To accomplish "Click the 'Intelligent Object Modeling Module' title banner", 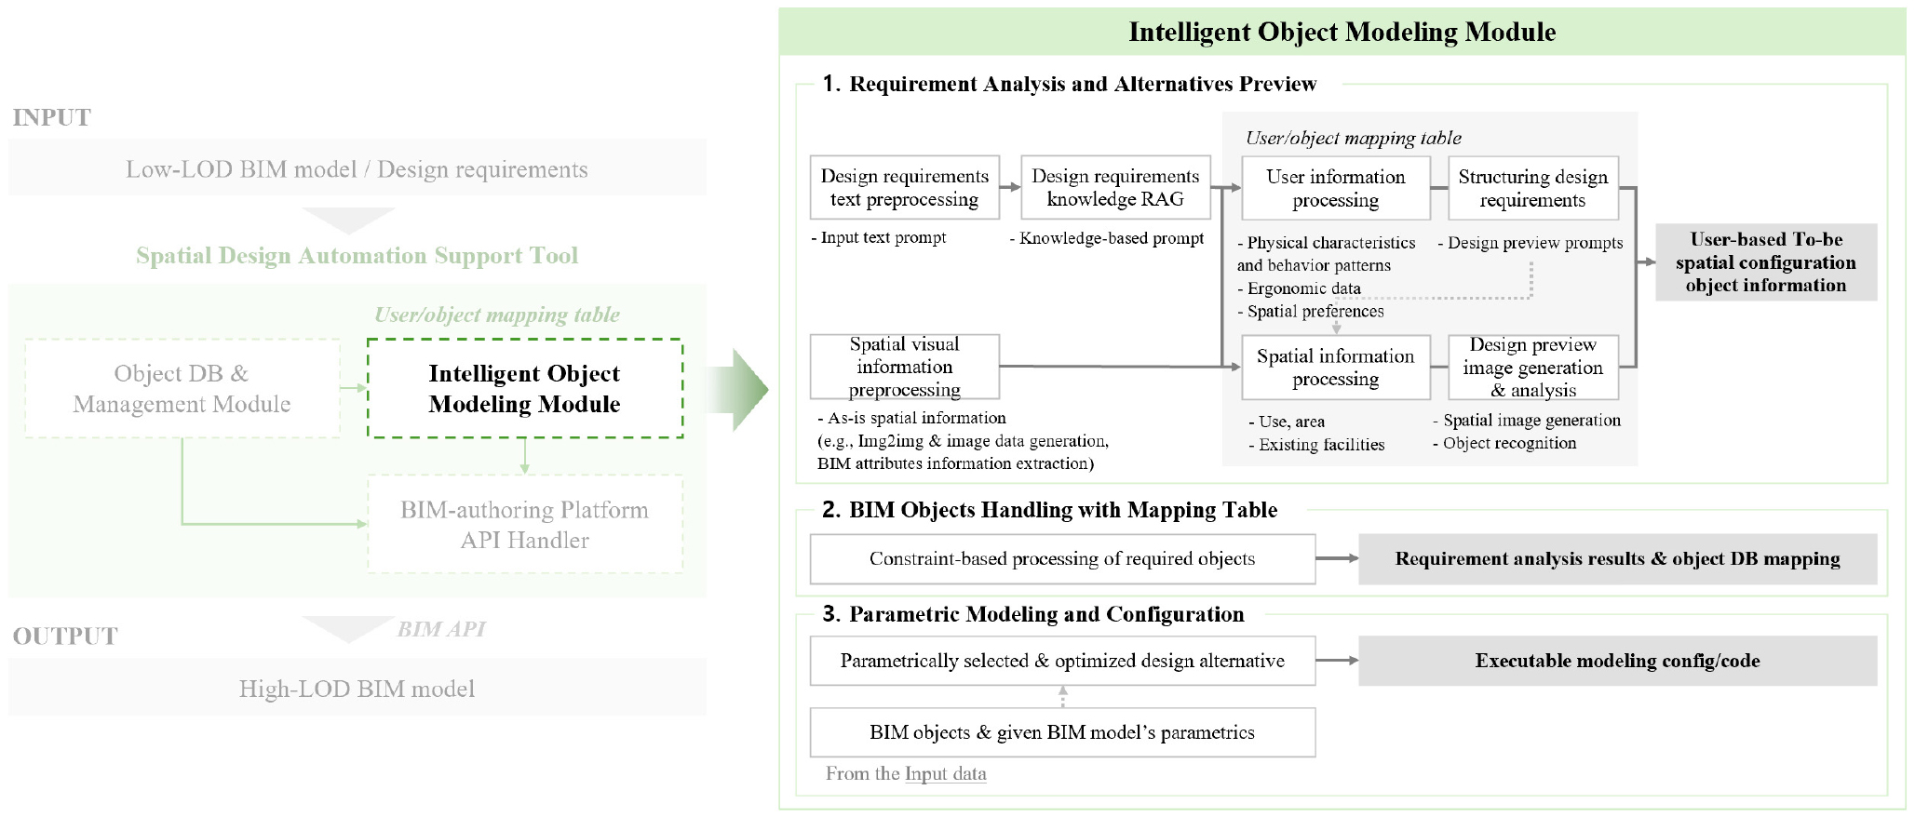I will [1342, 32].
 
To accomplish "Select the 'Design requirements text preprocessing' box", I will [904, 188].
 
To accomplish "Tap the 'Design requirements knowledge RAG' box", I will [1115, 188].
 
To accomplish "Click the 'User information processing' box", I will [1335, 188].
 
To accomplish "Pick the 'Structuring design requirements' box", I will [1532, 188].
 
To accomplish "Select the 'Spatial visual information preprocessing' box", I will [904, 367].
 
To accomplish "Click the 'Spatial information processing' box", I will [1335, 368].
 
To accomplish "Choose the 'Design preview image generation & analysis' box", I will [1532, 368].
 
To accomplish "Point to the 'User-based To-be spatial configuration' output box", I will [1765, 262].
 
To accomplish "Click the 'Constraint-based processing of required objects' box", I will [1061, 559].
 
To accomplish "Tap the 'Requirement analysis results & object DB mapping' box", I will [1617, 559].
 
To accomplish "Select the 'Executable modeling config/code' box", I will [1617, 661].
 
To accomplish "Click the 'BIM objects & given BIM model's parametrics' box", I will [1061, 732].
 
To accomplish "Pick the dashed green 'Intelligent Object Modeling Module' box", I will [525, 388].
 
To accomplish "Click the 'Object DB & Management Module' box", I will [182, 388].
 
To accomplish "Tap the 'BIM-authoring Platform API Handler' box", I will [525, 525].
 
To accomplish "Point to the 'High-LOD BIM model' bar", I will [357, 689].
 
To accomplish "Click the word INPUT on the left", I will [52, 117].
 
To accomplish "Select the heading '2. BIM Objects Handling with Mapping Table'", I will [1050, 510].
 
